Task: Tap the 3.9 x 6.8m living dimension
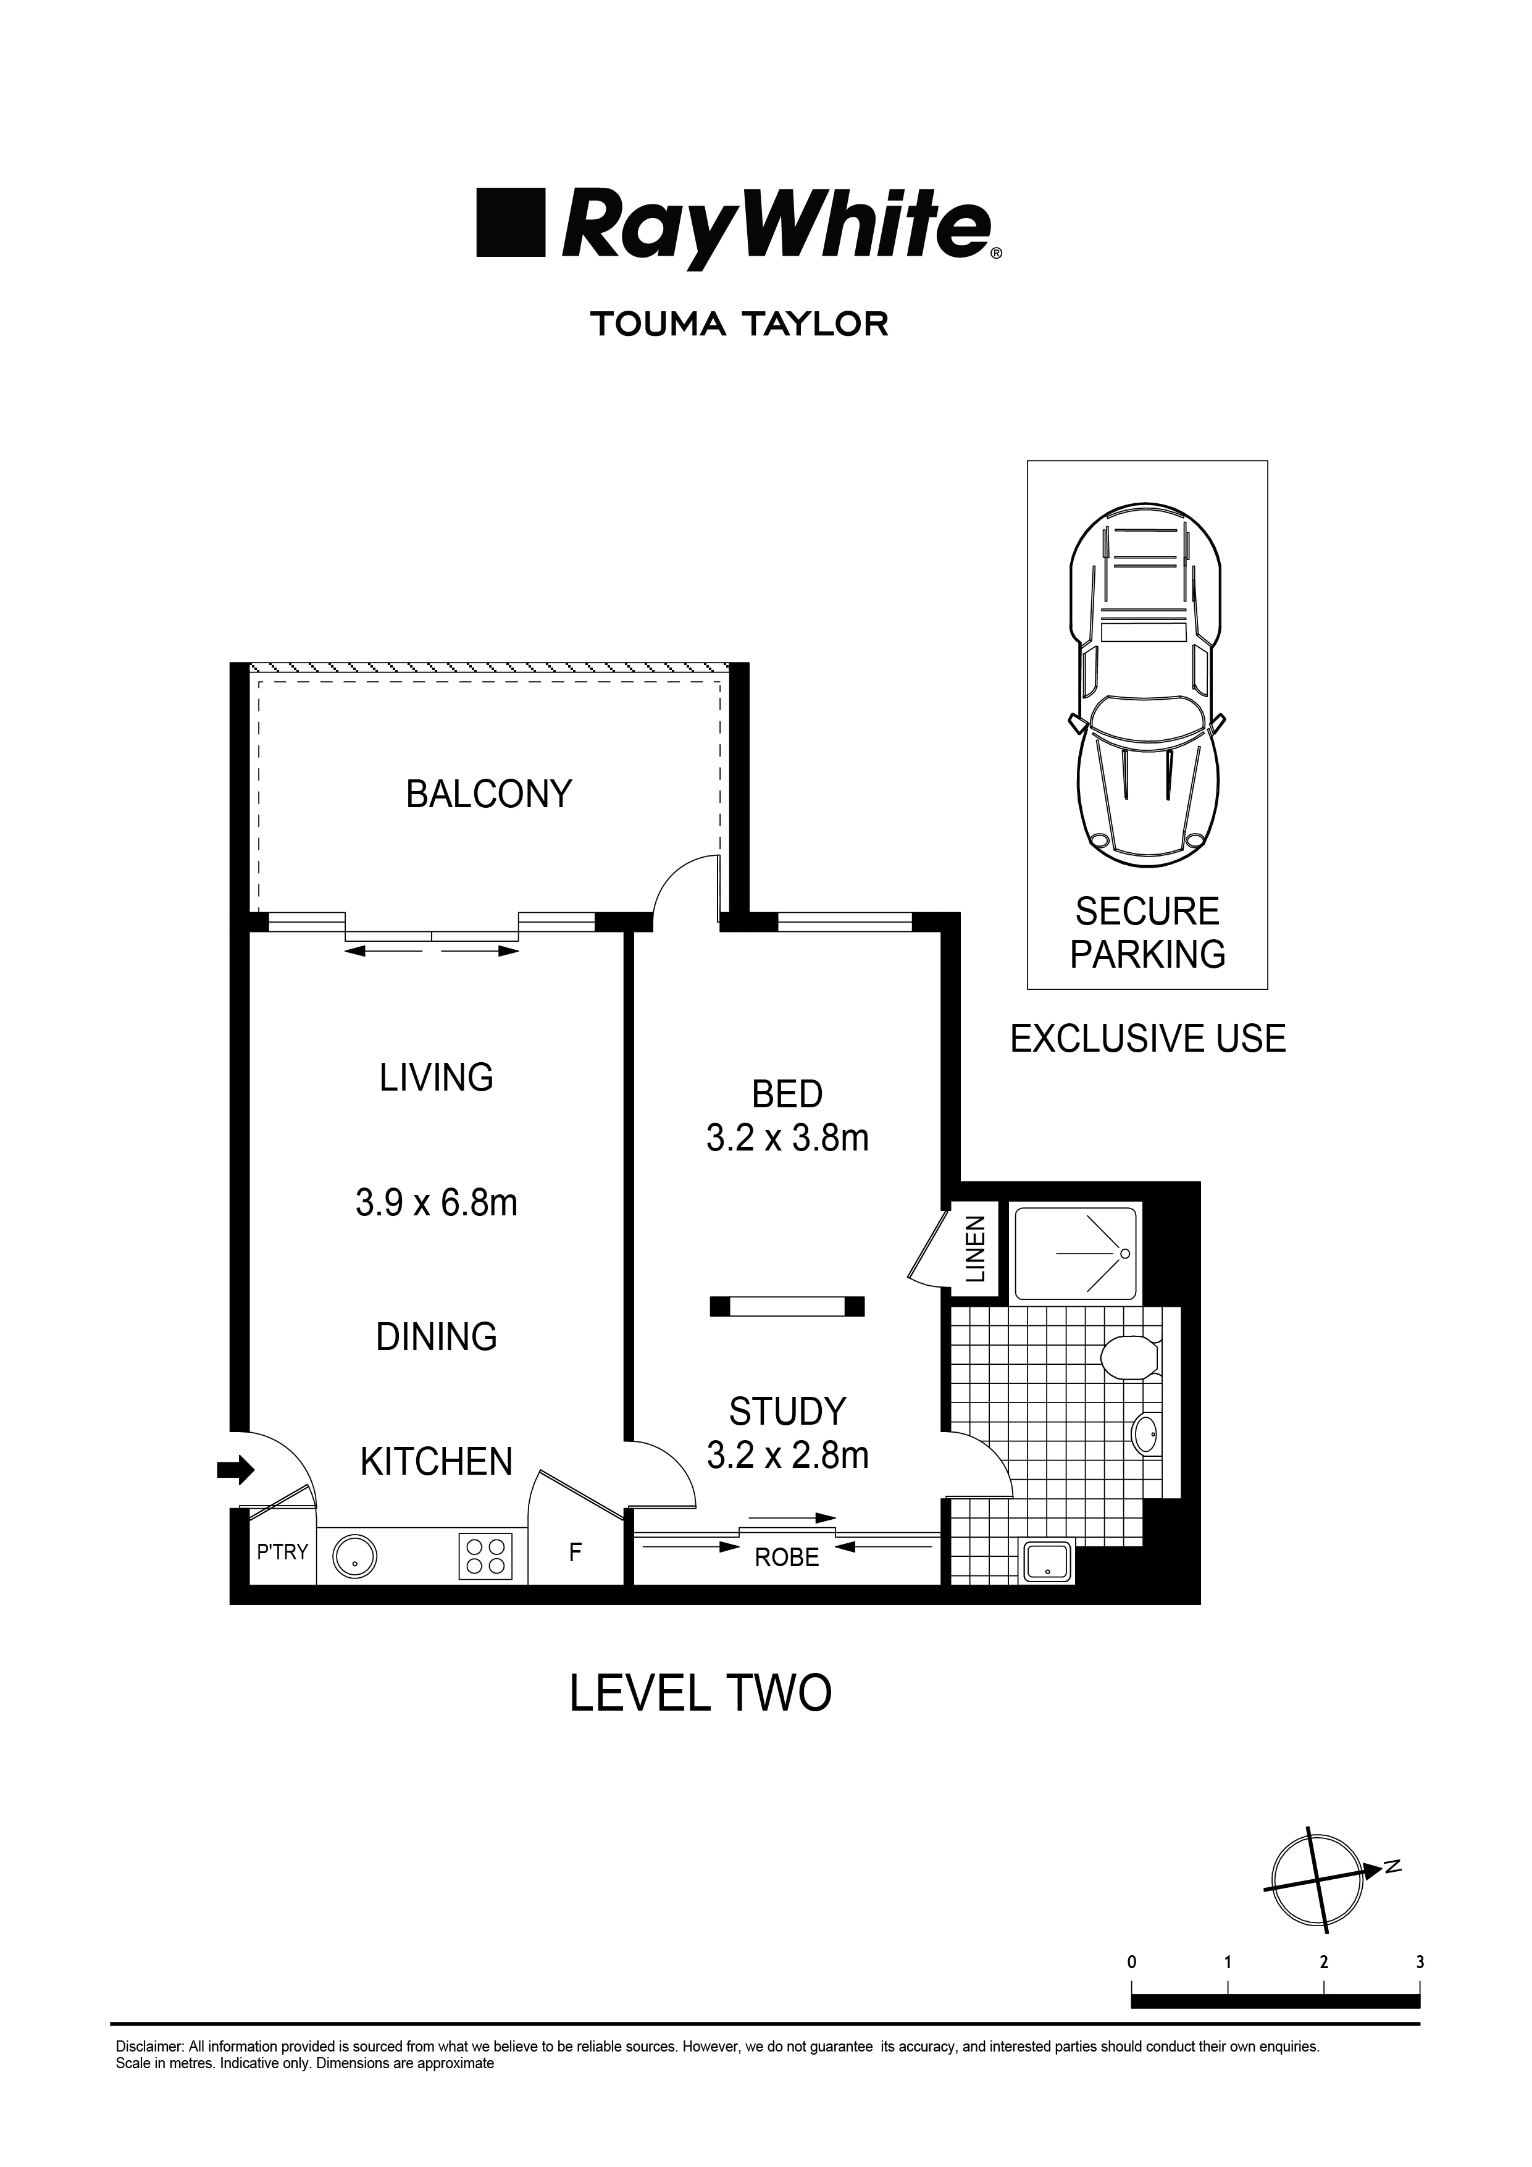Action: [x=436, y=1204]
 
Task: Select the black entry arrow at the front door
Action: [x=235, y=1469]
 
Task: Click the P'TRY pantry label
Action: [x=282, y=1552]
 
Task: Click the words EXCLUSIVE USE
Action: [x=1147, y=1039]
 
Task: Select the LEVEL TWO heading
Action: [x=700, y=1693]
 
